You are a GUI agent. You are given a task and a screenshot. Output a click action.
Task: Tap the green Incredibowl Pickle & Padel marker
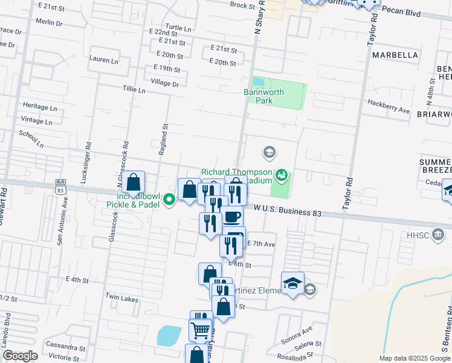pos(170,198)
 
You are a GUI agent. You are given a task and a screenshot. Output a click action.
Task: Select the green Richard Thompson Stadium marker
pos(280,176)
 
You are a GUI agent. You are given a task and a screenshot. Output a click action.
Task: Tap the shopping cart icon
pos(200,330)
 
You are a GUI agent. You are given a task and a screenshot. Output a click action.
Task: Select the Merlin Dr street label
pos(49,22)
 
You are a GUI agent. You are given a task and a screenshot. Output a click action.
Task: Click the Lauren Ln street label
pos(103,60)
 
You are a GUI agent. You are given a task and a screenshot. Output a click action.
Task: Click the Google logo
pos(20,356)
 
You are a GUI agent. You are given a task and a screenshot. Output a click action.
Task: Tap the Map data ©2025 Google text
pos(415,358)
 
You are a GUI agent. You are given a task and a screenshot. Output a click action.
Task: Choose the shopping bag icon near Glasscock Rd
pos(134,182)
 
